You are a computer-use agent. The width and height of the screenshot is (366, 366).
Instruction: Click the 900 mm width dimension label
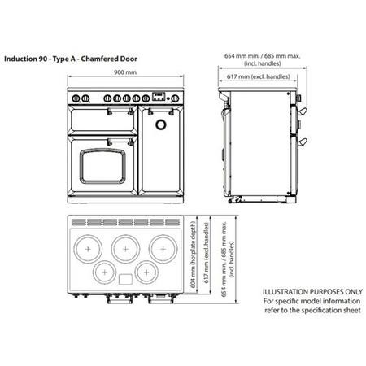[125, 72]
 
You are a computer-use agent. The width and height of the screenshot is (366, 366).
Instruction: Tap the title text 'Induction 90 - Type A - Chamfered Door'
[71, 59]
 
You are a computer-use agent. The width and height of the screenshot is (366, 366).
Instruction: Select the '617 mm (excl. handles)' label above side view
[259, 76]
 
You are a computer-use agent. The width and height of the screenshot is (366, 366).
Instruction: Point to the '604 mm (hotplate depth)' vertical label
[193, 255]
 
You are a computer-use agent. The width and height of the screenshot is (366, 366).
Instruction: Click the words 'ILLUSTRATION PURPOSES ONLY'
[312, 292]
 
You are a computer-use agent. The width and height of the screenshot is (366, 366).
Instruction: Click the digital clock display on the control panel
[159, 96]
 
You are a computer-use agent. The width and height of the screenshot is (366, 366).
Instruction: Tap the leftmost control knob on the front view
[76, 98]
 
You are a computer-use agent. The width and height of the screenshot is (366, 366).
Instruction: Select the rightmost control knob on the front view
[175, 98]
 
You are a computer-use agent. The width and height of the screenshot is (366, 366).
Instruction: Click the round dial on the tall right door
[161, 124]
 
